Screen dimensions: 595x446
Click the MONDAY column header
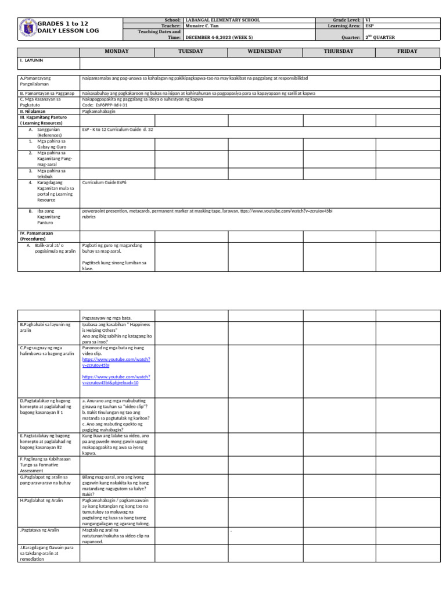pos(117,51)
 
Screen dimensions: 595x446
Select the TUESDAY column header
pos(191,51)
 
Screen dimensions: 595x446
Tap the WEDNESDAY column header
pos(265,51)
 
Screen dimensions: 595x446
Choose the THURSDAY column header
pos(339,51)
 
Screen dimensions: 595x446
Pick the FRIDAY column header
pos(407,51)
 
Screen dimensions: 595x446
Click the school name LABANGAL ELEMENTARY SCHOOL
pos(222,20)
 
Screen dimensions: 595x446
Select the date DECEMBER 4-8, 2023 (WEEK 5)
pos(220,37)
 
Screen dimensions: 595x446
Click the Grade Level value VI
pos(367,20)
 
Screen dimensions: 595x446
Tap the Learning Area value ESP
pos(369,26)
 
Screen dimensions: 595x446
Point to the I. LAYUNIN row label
pos(32,60)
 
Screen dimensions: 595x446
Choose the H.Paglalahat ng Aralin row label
pos(42,500)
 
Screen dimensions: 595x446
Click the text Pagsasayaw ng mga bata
pos(107,318)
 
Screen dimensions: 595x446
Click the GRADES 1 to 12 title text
pos(63,24)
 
